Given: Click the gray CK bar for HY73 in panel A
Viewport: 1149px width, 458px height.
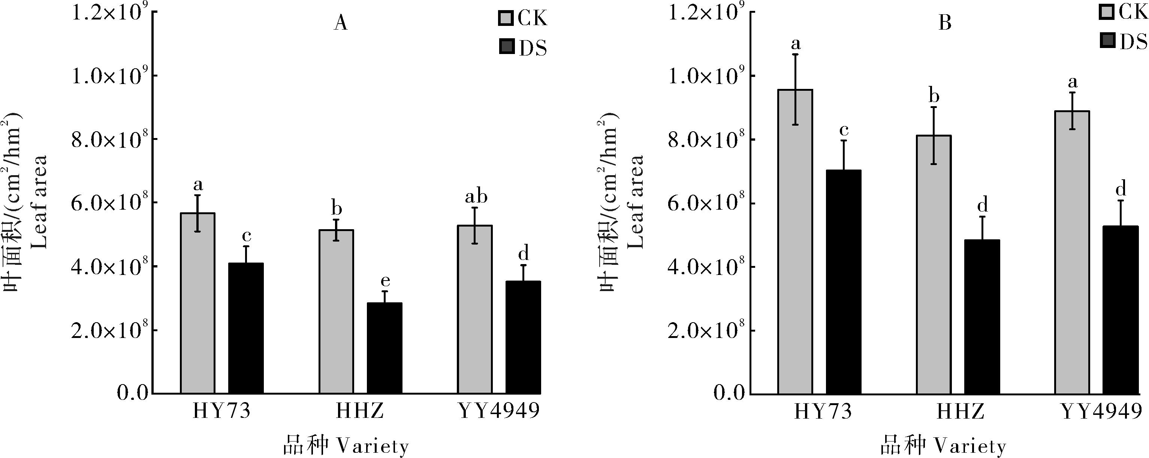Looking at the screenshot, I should tap(197, 303).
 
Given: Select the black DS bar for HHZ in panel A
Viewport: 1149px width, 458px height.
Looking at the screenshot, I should tap(384, 348).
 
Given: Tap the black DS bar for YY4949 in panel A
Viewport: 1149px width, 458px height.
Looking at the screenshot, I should tap(523, 337).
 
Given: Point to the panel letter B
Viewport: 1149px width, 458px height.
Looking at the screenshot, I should tap(945, 23).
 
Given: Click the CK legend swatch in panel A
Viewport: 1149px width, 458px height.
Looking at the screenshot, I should tap(506, 19).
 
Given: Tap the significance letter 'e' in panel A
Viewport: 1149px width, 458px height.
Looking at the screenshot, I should tap(385, 281).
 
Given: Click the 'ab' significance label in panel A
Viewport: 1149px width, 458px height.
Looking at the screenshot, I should tap(476, 197).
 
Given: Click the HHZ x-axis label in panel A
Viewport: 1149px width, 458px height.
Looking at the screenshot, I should tap(359, 411).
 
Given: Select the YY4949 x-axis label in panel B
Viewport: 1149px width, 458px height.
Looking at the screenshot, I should tap(1100, 411).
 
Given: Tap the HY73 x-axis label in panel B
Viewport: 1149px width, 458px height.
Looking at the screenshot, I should tap(823, 411).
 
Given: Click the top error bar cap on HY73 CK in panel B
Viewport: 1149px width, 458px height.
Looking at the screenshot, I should tap(795, 54).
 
